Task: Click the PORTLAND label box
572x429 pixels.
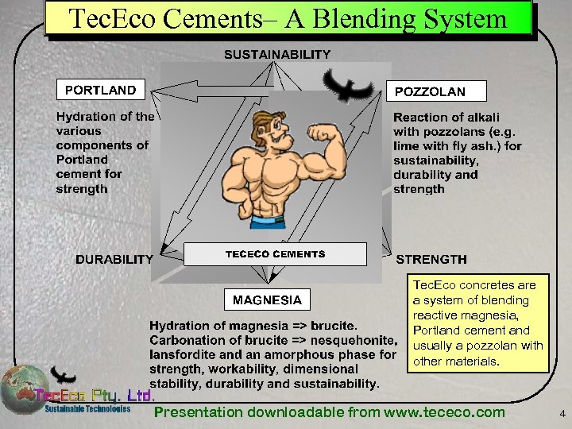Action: (100, 91)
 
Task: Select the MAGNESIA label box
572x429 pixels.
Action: (267, 300)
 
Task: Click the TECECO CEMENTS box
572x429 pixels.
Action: (275, 254)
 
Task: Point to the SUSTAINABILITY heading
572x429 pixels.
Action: (277, 54)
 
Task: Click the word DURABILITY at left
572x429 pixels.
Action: (114, 259)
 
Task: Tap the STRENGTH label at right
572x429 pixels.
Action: (431, 259)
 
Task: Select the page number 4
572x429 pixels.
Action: (562, 414)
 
